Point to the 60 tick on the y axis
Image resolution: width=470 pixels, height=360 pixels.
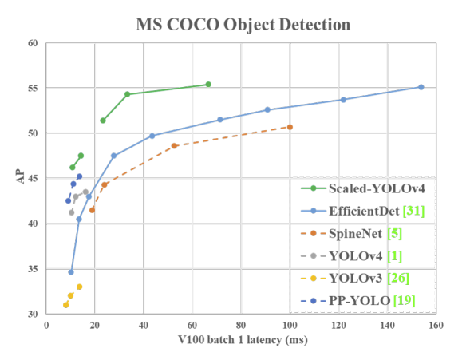pyautogui.click(x=33, y=43)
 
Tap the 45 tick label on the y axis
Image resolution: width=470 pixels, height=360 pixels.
pyautogui.click(x=33, y=178)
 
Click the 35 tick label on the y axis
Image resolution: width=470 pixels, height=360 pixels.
pyautogui.click(x=33, y=269)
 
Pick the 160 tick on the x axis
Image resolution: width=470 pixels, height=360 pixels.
pyautogui.click(x=435, y=325)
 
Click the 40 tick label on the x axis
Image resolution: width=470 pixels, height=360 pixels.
pyautogui.click(x=143, y=325)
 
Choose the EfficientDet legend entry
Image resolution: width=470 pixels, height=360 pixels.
pyautogui.click(x=362, y=211)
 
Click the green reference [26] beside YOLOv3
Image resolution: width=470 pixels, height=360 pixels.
pyautogui.click(x=398, y=278)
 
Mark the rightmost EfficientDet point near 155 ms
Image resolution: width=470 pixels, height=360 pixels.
pyautogui.click(x=421, y=87)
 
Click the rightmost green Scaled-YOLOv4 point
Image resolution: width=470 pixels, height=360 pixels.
pyautogui.click(x=208, y=84)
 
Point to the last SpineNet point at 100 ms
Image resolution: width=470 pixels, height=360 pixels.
pyautogui.click(x=290, y=127)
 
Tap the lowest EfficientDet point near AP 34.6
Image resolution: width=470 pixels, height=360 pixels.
pyautogui.click(x=71, y=272)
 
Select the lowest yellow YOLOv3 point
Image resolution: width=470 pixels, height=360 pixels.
pyautogui.click(x=65, y=305)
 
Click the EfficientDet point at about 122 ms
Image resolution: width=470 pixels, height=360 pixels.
pyautogui.click(x=343, y=100)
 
